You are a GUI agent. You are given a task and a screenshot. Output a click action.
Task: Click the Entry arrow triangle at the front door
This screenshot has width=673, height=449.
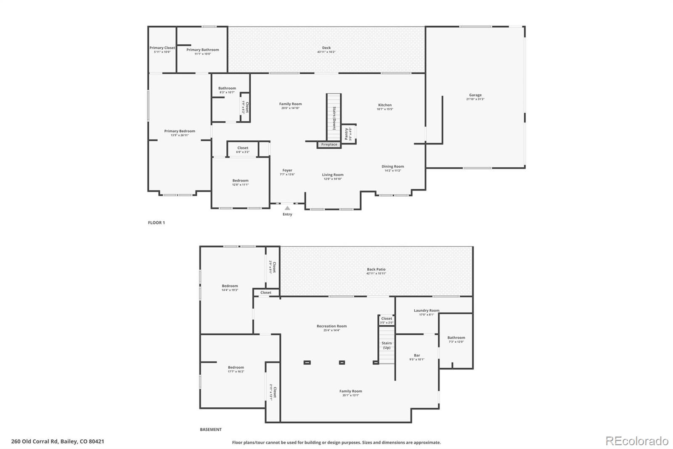pos(287,208)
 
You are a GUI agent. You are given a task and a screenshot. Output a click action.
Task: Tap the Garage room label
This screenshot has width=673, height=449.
pos(475,95)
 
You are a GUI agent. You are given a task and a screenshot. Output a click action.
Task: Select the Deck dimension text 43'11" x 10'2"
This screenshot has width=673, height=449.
pos(326,52)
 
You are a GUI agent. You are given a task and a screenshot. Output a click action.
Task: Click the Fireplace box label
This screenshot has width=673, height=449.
pos(329,144)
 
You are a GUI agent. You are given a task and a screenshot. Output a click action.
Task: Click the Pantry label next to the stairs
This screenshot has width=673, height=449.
pos(347,134)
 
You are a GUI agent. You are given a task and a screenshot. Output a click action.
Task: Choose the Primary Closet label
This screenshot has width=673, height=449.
pos(162,48)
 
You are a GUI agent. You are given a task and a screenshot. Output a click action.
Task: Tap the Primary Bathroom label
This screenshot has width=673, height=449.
pos(202,50)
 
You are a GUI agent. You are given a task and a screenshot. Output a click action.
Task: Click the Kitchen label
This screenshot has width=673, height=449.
pos(384,105)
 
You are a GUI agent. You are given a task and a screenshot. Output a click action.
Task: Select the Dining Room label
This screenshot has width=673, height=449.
pos(392,167)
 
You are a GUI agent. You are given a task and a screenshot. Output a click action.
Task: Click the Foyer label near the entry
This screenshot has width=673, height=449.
pos(287,171)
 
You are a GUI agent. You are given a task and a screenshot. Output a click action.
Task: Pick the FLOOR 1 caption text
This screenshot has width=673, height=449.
pos(156,223)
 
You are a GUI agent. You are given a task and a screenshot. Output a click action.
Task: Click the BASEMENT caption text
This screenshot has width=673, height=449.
pos(210,430)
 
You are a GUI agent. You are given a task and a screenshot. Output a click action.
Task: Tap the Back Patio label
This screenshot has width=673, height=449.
pos(376,270)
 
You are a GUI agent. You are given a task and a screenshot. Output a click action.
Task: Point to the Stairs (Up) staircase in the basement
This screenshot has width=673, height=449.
pos(387,345)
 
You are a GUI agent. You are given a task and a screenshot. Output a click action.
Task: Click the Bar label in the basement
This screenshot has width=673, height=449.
pos(416,355)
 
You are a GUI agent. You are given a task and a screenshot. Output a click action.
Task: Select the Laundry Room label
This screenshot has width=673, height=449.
pos(426,311)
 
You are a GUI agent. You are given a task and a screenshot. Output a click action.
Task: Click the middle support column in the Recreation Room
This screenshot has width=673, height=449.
pos(342,362)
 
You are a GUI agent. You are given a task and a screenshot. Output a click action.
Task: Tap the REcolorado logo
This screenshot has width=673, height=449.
pos(637,441)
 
